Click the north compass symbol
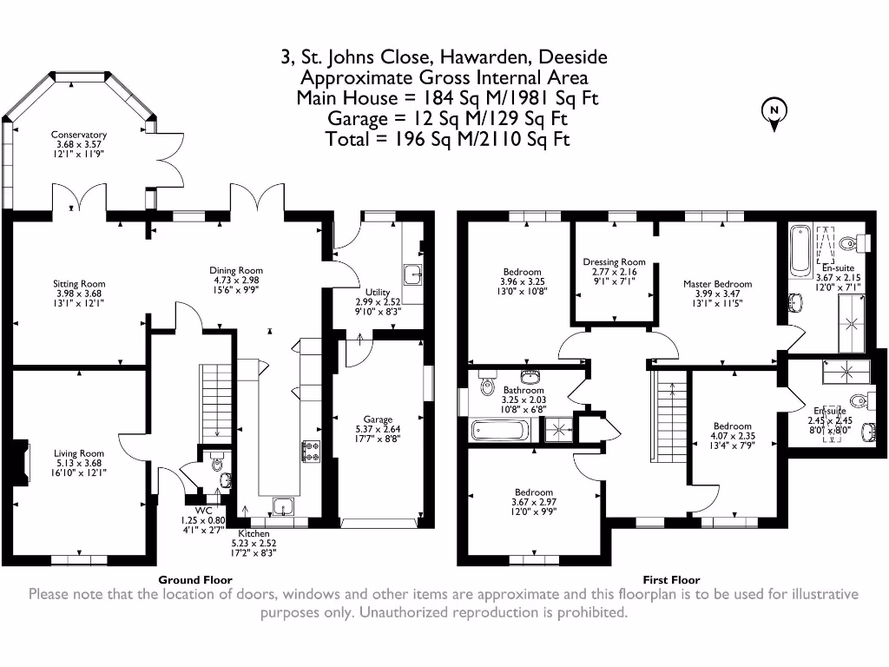tap(774, 115)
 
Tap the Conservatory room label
tap(79, 135)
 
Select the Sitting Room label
tap(79, 284)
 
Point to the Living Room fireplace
tap(22, 462)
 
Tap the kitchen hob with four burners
tap(312, 452)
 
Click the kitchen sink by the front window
tap(282, 506)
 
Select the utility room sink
tap(413, 274)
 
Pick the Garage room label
tap(378, 419)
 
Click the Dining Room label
tap(236, 271)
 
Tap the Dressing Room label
tap(614, 262)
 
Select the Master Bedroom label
tap(718, 284)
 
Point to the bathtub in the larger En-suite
tap(800, 250)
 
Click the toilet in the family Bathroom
tap(487, 383)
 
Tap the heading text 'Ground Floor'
tap(195, 579)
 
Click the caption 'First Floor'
tap(671, 579)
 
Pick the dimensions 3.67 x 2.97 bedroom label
tap(534, 502)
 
